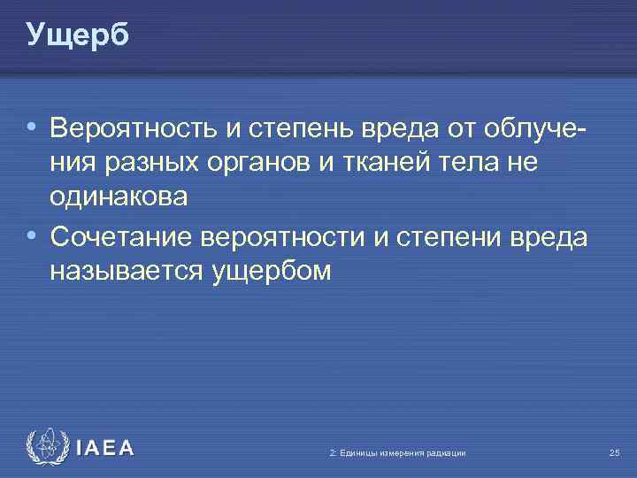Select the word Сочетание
121,237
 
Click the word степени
448,237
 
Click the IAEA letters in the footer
105,449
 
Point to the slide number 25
614,453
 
